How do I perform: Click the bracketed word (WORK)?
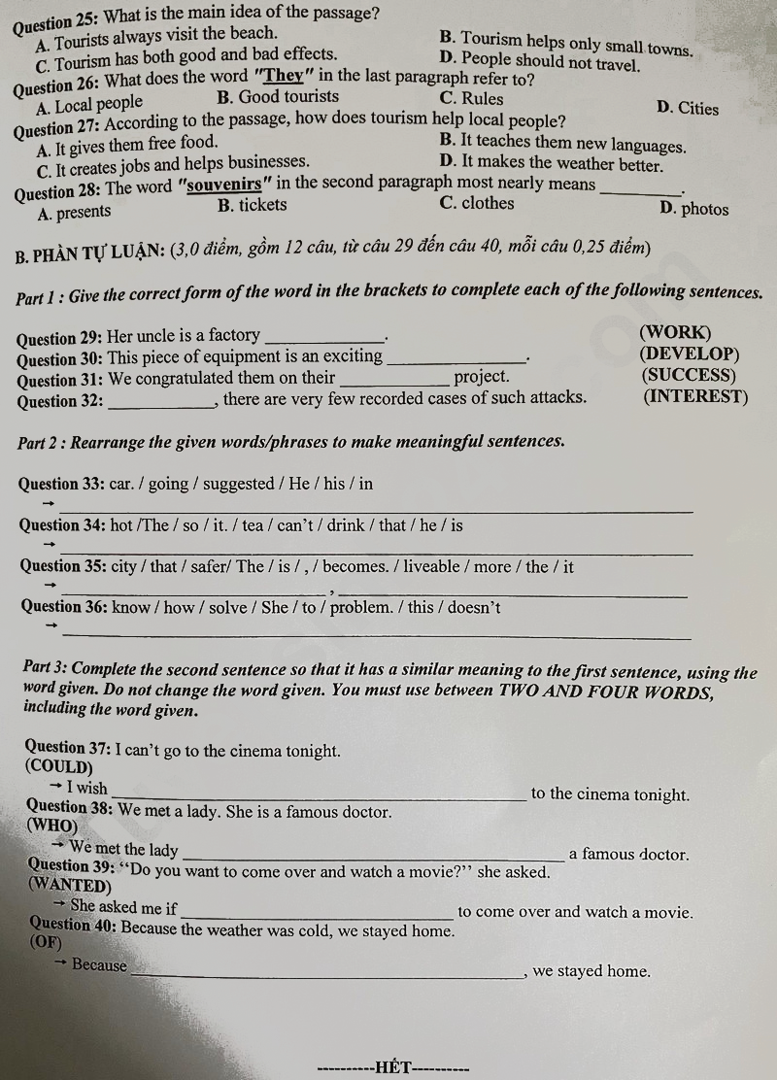pyautogui.click(x=676, y=332)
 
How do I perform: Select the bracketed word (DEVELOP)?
pyautogui.click(x=691, y=354)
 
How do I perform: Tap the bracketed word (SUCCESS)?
pyautogui.click(x=689, y=375)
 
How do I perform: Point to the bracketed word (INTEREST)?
pyautogui.click(x=695, y=396)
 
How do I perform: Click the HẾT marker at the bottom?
pyautogui.click(x=393, y=1069)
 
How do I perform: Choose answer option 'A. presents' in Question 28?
pyautogui.click(x=74, y=212)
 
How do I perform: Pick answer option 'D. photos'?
pyautogui.click(x=693, y=209)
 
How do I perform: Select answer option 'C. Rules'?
pyautogui.click(x=471, y=98)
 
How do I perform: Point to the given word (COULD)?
pyautogui.click(x=60, y=767)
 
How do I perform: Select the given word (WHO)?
pyautogui.click(x=53, y=826)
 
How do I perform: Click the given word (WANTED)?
pyautogui.click(x=70, y=885)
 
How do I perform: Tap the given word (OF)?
pyautogui.click(x=46, y=943)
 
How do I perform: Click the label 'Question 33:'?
pyautogui.click(x=61, y=484)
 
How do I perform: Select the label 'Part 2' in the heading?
pyautogui.click(x=42, y=443)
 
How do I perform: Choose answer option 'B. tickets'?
pyautogui.click(x=253, y=205)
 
